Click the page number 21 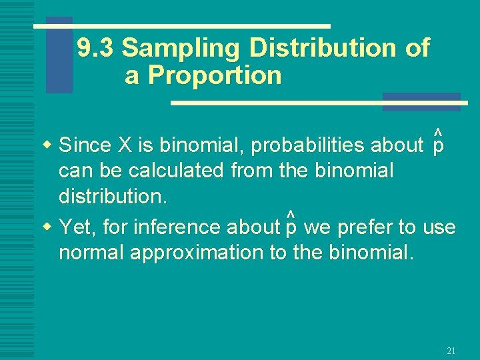[x=451, y=351]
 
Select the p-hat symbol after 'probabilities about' [x=438, y=142]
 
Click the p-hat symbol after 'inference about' [x=291, y=225]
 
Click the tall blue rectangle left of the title [x=59, y=55]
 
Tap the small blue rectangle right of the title [x=421, y=101]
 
